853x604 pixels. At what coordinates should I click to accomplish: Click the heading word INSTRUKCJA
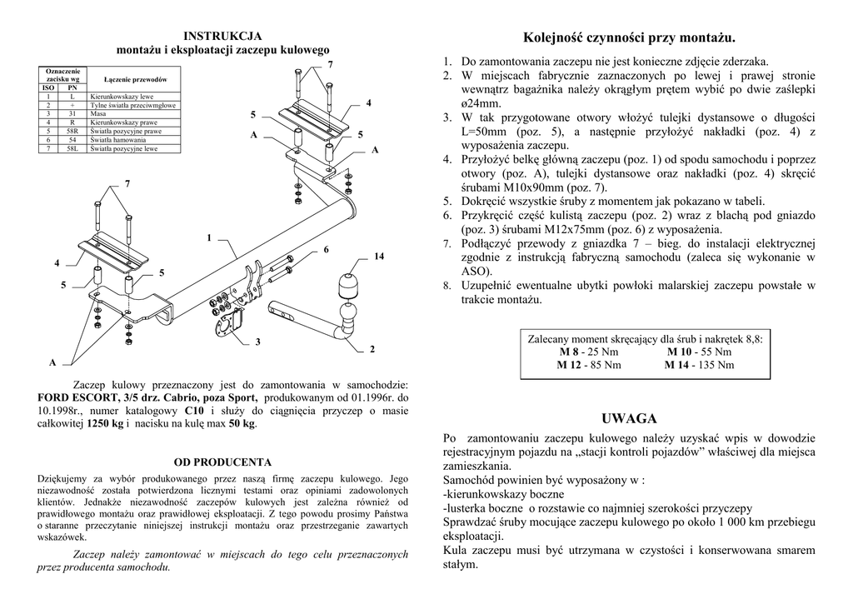click(222, 36)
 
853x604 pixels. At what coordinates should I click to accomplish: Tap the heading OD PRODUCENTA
click(222, 462)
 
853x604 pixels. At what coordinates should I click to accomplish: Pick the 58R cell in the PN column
click(73, 132)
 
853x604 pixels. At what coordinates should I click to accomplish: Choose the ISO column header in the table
click(49, 87)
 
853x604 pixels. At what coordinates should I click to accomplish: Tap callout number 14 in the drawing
click(378, 256)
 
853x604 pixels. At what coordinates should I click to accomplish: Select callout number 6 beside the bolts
click(326, 250)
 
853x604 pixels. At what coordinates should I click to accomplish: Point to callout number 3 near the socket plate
click(258, 342)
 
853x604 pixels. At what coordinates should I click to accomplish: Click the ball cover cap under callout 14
click(349, 285)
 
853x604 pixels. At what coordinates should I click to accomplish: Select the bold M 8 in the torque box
click(571, 352)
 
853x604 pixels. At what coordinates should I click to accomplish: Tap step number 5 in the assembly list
click(446, 201)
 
